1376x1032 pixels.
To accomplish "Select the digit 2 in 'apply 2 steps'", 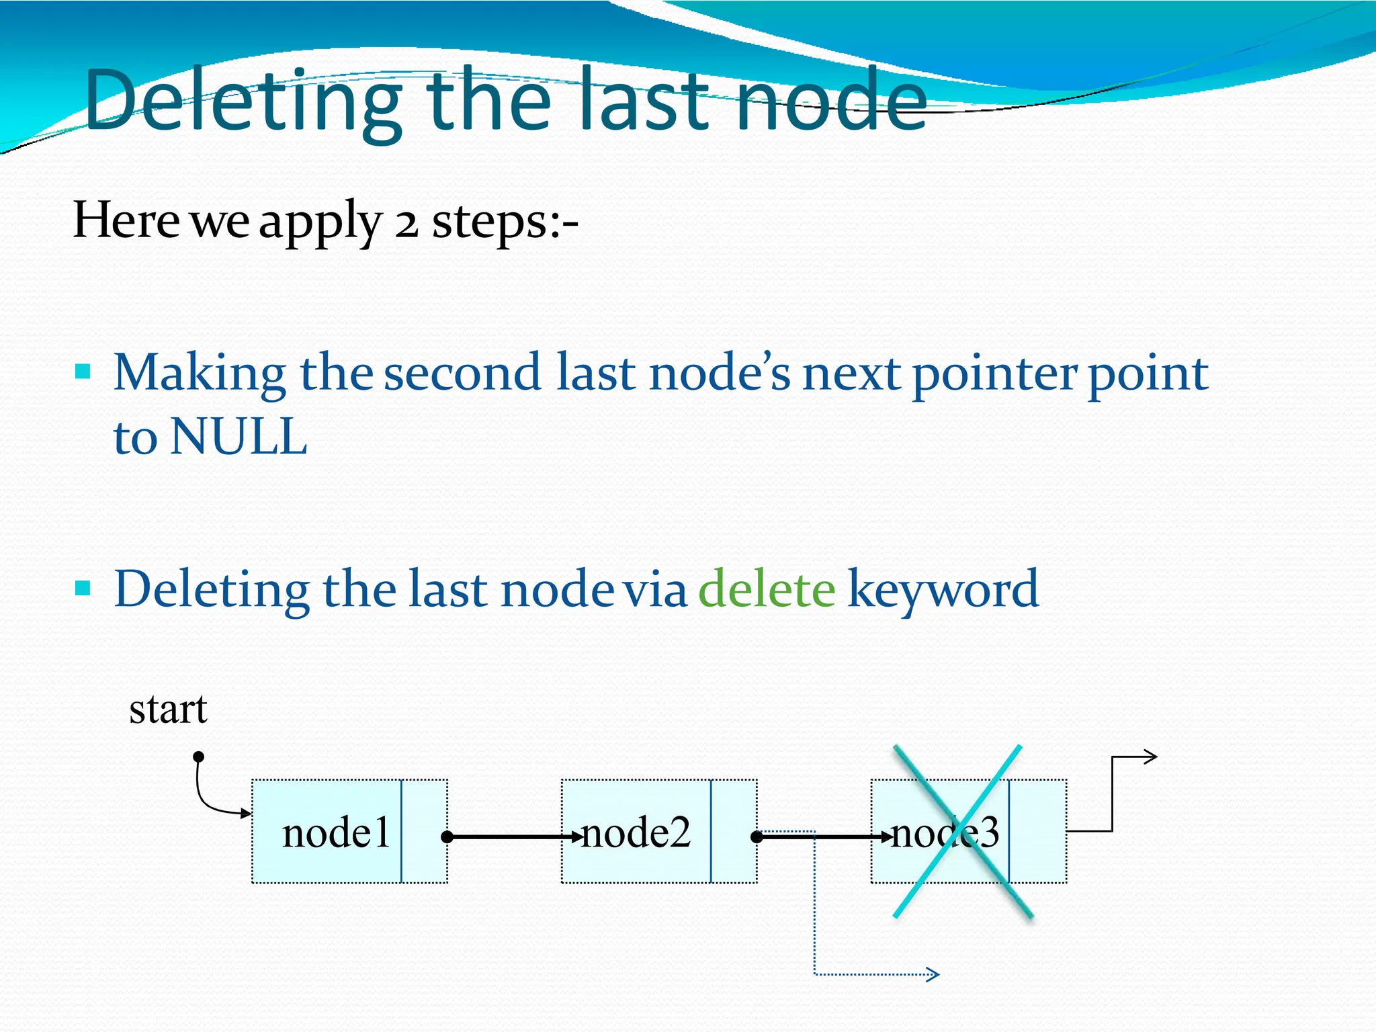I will [406, 222].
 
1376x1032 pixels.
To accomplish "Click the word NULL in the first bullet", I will [239, 437].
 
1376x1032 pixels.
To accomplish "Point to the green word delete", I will [767, 589].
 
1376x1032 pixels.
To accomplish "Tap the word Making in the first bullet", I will [200, 374].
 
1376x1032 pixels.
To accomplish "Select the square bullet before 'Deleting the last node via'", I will [83, 589].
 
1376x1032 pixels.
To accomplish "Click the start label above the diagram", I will [168, 709].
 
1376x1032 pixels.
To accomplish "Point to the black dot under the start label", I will [198, 757].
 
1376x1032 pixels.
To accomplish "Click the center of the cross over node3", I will [962, 832].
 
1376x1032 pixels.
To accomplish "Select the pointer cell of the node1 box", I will [424, 832].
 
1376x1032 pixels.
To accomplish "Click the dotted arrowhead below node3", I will [933, 974].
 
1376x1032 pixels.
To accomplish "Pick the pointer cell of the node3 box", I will [1037, 832].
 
